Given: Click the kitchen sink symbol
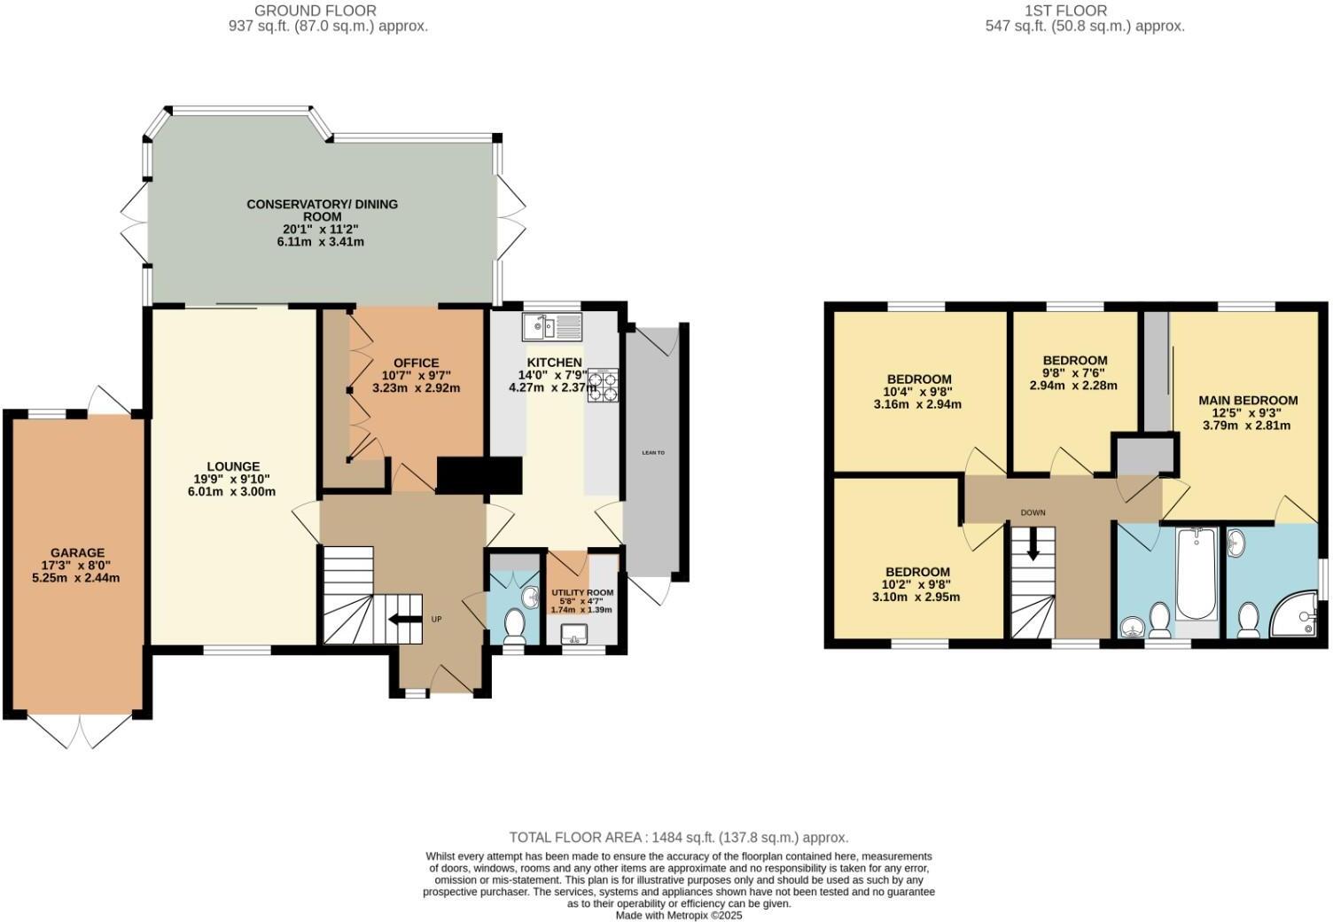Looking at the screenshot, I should click(x=551, y=327).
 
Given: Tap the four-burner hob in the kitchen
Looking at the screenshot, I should click(x=603, y=387).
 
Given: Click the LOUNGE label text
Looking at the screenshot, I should click(x=233, y=466).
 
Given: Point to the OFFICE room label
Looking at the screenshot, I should click(x=416, y=363).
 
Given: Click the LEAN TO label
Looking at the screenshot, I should click(x=653, y=452).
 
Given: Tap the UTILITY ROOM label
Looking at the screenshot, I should click(x=582, y=592).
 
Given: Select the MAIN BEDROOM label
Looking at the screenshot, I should click(x=1248, y=400).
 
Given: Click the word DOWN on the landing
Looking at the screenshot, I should click(x=1033, y=513).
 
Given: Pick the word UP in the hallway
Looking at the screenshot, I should click(x=436, y=619).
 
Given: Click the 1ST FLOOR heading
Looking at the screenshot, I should click(x=1065, y=11).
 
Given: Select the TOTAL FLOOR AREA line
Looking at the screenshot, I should click(x=678, y=837).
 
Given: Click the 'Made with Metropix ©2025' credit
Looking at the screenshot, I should click(x=678, y=915).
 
